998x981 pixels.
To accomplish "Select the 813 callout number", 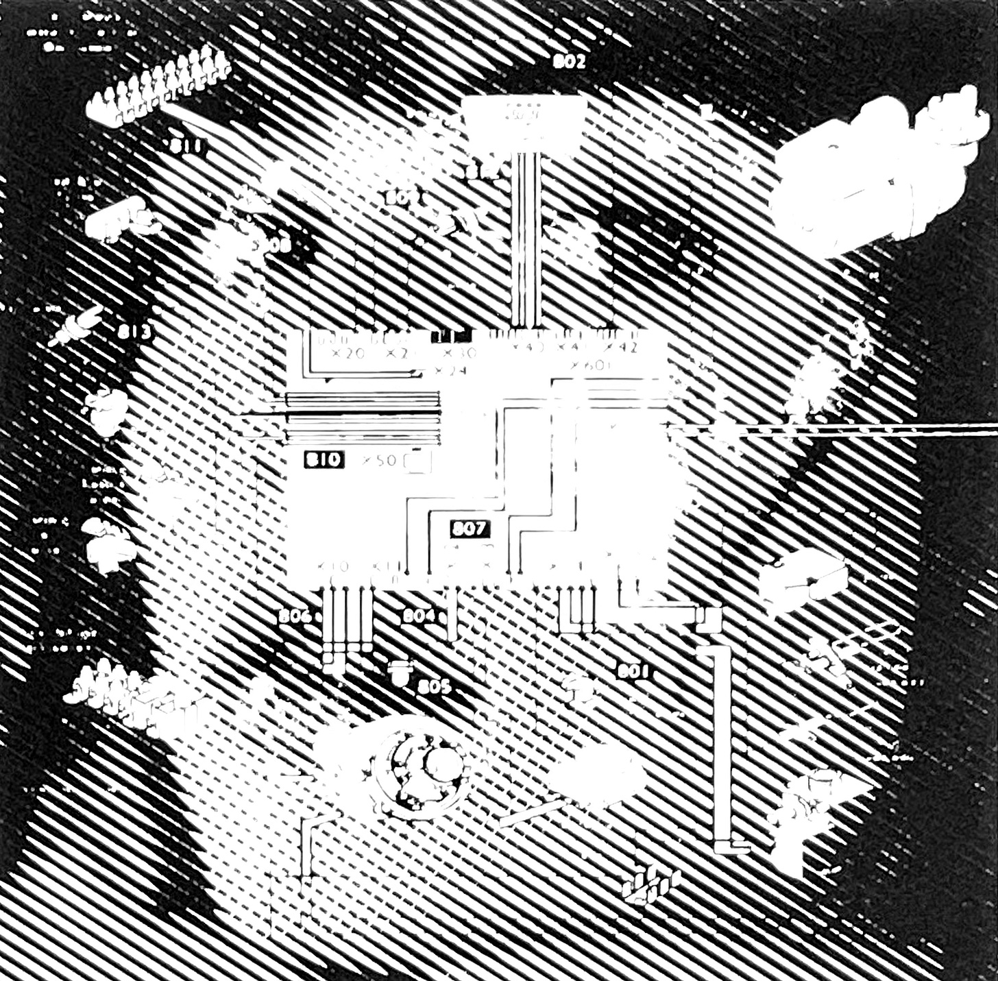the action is click(134, 333).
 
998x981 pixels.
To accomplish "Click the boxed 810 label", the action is click(323, 459).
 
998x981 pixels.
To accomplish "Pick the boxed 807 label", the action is click(470, 529).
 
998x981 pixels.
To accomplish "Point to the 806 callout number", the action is click(295, 616).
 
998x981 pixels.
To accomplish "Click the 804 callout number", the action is click(418, 616).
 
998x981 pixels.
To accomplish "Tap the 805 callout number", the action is click(435, 686).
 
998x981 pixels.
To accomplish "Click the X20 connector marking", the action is click(347, 354).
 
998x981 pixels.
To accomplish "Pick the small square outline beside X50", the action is click(417, 463).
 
